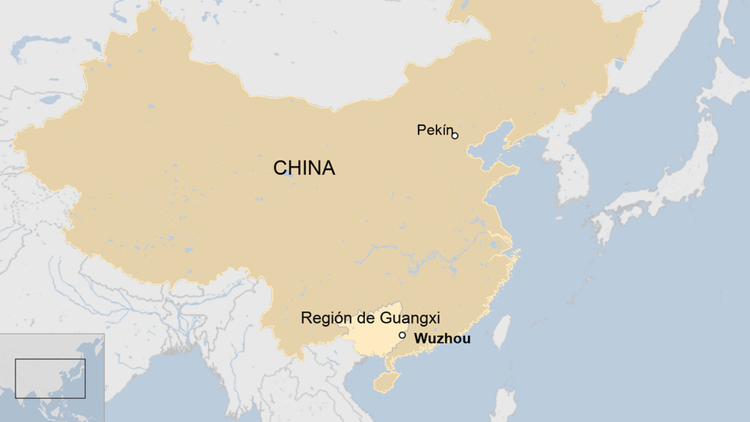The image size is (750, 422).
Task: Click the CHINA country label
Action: click(304, 168)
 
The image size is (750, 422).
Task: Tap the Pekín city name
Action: click(435, 130)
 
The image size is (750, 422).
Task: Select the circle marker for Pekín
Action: click(455, 135)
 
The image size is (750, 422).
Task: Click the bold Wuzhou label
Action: click(442, 338)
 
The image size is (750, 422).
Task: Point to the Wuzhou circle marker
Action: click(402, 335)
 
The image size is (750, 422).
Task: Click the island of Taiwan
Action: click(500, 331)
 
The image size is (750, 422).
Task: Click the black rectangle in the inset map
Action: click(50, 378)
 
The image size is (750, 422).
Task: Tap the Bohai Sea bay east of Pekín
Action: click(492, 143)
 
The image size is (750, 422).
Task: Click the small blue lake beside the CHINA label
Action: click(288, 173)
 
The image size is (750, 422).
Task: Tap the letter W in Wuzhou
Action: click(420, 338)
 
